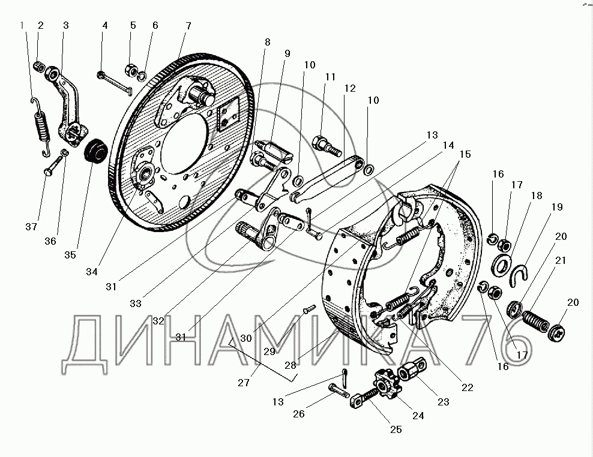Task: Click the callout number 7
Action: point(188,26)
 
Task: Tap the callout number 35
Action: point(70,255)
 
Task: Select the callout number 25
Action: point(396,429)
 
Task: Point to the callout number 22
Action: point(468,387)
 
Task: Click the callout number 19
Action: point(557,207)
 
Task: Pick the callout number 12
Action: point(350,88)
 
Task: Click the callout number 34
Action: point(91,272)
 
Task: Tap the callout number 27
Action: point(244,383)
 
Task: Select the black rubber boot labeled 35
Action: point(95,152)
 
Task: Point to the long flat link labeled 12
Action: point(328,179)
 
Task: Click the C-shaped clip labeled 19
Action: point(519,276)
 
